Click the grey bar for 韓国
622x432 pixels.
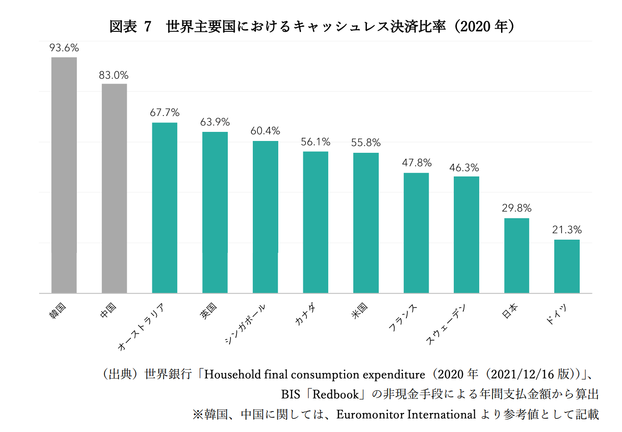tap(64, 175)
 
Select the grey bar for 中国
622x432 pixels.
tap(114, 188)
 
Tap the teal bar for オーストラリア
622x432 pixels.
tap(165, 208)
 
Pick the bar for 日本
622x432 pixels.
tap(517, 256)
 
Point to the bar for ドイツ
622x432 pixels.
tap(567, 266)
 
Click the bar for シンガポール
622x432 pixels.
tap(265, 217)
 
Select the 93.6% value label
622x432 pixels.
tap(64, 48)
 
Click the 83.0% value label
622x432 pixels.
tap(114, 75)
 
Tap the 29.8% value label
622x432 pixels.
tap(517, 208)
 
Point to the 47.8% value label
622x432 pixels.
tap(416, 163)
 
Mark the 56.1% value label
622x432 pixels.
tap(316, 142)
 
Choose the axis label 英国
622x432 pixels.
tap(209, 311)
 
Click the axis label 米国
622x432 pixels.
tap(359, 310)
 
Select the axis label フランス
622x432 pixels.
tap(403, 317)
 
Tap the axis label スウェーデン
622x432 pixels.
tap(446, 325)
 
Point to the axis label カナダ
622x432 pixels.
tap(305, 314)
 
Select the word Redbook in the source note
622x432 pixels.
tap(336, 394)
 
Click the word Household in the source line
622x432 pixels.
tap(233, 374)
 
